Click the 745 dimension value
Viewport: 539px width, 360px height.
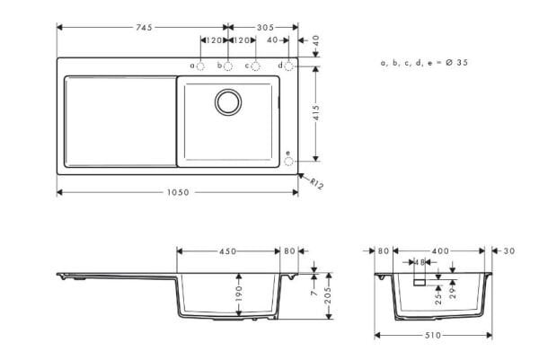coord(143,27)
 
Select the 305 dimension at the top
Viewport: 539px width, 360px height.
coord(265,27)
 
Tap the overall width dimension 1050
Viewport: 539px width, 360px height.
coord(177,192)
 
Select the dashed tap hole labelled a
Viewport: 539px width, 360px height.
coord(200,66)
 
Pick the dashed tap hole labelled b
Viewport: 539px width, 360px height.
coord(227,66)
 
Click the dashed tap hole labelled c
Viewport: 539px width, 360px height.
coord(255,66)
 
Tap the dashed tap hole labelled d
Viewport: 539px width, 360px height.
coord(290,66)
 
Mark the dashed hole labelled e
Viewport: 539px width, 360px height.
coord(288,162)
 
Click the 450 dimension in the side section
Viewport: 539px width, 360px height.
coord(229,251)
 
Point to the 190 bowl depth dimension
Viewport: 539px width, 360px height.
coord(238,295)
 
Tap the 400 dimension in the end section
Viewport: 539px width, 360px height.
coord(440,251)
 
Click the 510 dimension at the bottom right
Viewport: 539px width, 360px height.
coord(433,335)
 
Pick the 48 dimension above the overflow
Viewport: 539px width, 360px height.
coord(420,262)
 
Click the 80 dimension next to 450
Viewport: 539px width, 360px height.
coord(289,251)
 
